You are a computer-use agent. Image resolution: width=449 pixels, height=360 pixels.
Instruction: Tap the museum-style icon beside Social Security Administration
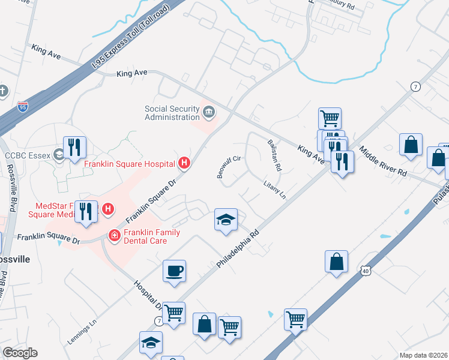[x=208, y=112]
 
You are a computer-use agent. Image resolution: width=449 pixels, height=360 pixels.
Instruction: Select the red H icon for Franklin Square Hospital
[x=185, y=163]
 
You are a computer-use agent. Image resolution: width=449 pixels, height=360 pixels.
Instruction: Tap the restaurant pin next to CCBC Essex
[x=74, y=148]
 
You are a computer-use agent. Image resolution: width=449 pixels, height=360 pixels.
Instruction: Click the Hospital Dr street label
[x=146, y=294]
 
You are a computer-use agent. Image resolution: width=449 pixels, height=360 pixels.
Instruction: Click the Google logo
[x=20, y=353]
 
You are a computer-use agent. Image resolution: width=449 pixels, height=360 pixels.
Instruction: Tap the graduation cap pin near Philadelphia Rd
[x=226, y=220]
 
